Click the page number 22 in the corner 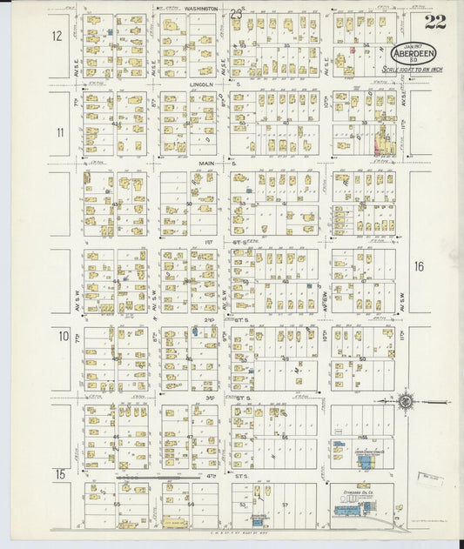pos(434,22)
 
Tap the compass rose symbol pos(405,402)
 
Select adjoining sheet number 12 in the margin pos(57,37)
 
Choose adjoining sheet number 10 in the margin pos(63,336)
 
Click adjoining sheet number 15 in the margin pos(59,474)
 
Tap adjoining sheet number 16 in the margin pos(419,266)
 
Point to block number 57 pos(284,504)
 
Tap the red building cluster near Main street pos(380,140)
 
